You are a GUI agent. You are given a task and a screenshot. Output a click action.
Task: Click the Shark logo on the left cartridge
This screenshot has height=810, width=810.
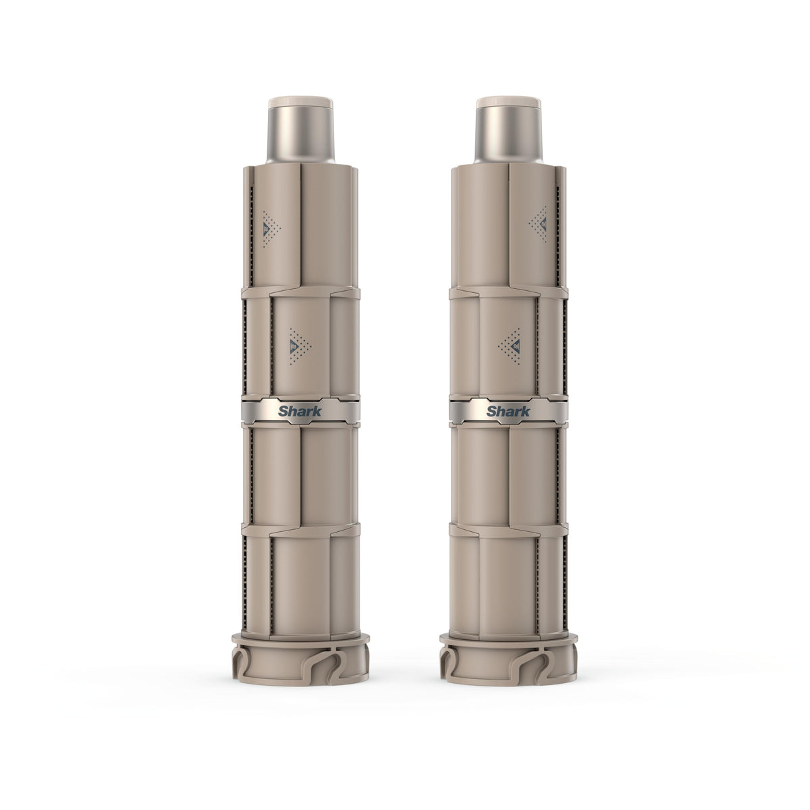pos(300,411)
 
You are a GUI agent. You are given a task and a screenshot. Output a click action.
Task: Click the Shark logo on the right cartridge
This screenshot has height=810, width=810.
pos(508,411)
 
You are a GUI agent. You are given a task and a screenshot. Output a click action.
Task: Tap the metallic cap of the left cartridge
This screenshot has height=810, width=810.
pos(300,130)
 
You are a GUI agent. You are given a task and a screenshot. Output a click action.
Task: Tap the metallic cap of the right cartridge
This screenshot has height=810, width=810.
pos(509,130)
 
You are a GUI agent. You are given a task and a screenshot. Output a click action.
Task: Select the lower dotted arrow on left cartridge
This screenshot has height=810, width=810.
pos(300,346)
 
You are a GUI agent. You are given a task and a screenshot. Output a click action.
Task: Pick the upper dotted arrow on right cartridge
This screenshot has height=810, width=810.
pos(539,223)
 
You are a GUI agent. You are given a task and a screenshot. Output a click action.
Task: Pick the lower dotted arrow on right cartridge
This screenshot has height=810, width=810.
pos(510,346)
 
